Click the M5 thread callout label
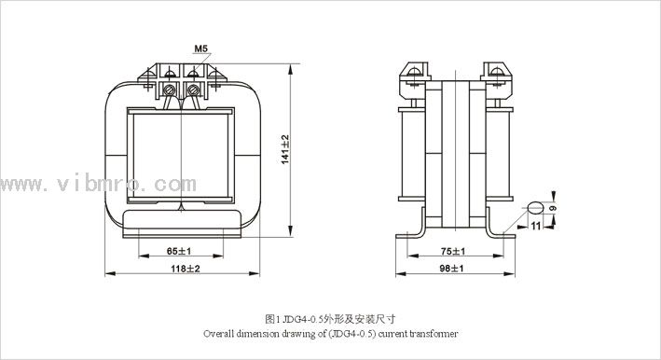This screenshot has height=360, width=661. tap(201, 48)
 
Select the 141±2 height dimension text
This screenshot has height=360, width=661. tap(285, 149)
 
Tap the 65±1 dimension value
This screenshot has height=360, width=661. tap(179, 251)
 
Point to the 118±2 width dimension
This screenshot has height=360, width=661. tap(186, 269)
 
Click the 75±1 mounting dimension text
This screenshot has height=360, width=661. tap(453, 251)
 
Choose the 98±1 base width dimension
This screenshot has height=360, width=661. tap(451, 269)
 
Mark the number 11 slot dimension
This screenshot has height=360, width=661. tap(536, 227)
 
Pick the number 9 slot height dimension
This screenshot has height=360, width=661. tap(553, 208)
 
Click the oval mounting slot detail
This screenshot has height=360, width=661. tap(535, 208)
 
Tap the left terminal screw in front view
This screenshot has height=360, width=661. tap(170, 90)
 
